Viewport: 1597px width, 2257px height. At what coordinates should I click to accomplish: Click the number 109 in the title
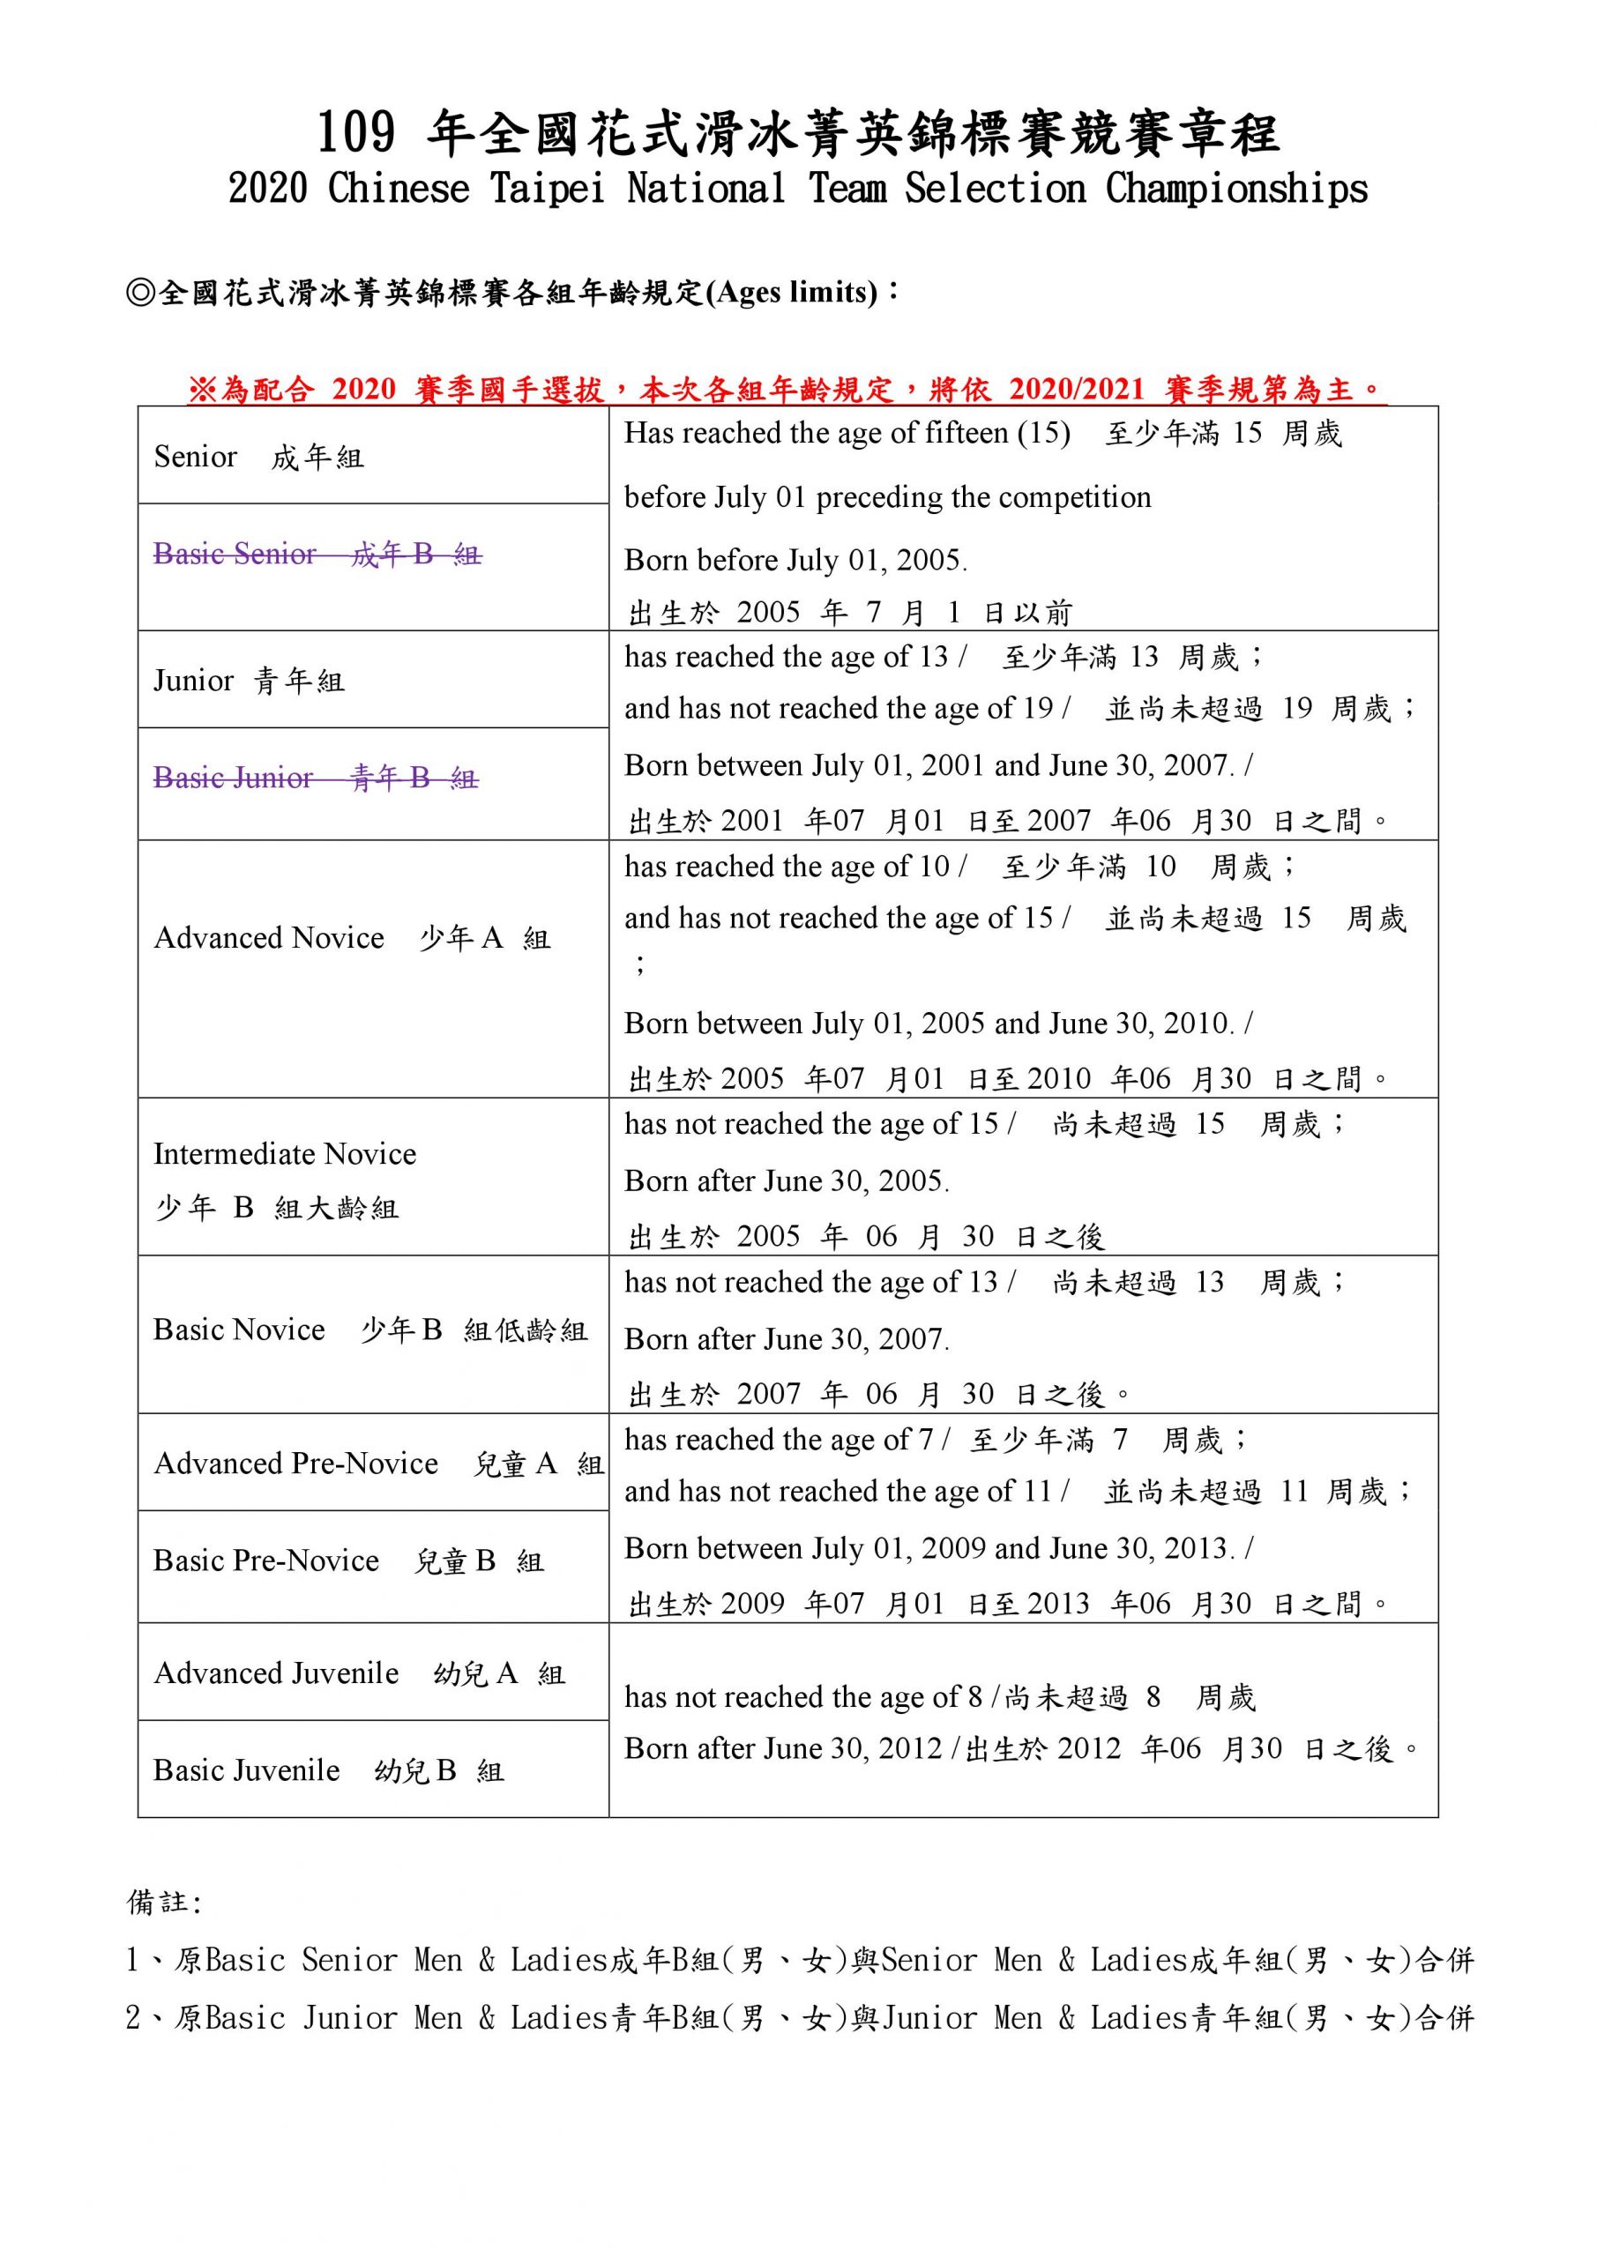(356, 134)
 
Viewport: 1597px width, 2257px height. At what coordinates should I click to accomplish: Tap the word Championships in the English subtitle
(1236, 189)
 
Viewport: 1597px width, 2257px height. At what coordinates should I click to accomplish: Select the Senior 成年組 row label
(258, 457)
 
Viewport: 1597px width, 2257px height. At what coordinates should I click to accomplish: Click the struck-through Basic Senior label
(317, 555)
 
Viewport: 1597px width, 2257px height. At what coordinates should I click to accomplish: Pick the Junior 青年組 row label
(249, 681)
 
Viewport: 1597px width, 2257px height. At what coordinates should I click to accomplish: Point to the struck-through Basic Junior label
(316, 778)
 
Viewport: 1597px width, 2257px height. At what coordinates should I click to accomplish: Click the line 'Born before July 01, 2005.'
(795, 561)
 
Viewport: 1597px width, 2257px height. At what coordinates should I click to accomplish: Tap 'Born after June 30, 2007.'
(787, 1339)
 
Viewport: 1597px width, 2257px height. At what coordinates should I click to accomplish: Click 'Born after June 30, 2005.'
(787, 1181)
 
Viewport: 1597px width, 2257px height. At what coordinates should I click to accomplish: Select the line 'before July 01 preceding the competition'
(887, 497)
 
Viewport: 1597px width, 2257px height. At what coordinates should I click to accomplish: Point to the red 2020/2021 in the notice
(1077, 391)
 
